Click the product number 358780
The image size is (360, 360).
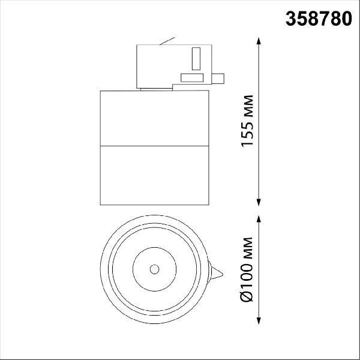(319, 19)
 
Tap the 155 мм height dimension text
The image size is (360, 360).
(247, 121)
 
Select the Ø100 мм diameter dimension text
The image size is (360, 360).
(247, 269)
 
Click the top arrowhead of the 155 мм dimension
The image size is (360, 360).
(259, 41)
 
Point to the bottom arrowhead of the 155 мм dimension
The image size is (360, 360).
(259, 202)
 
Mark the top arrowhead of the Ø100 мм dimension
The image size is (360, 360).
(259, 220)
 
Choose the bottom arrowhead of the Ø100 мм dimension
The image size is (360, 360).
(259, 320)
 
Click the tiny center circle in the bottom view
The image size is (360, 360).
(155, 269)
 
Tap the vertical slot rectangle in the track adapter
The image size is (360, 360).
(196, 59)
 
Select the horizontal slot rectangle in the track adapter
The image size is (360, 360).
(192, 78)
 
